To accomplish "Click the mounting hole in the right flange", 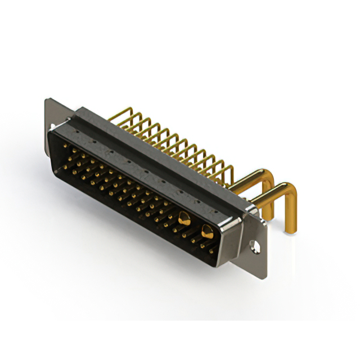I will point(255,246).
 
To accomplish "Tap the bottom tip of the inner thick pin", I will point(269,217).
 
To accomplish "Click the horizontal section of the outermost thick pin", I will point(264,194).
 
